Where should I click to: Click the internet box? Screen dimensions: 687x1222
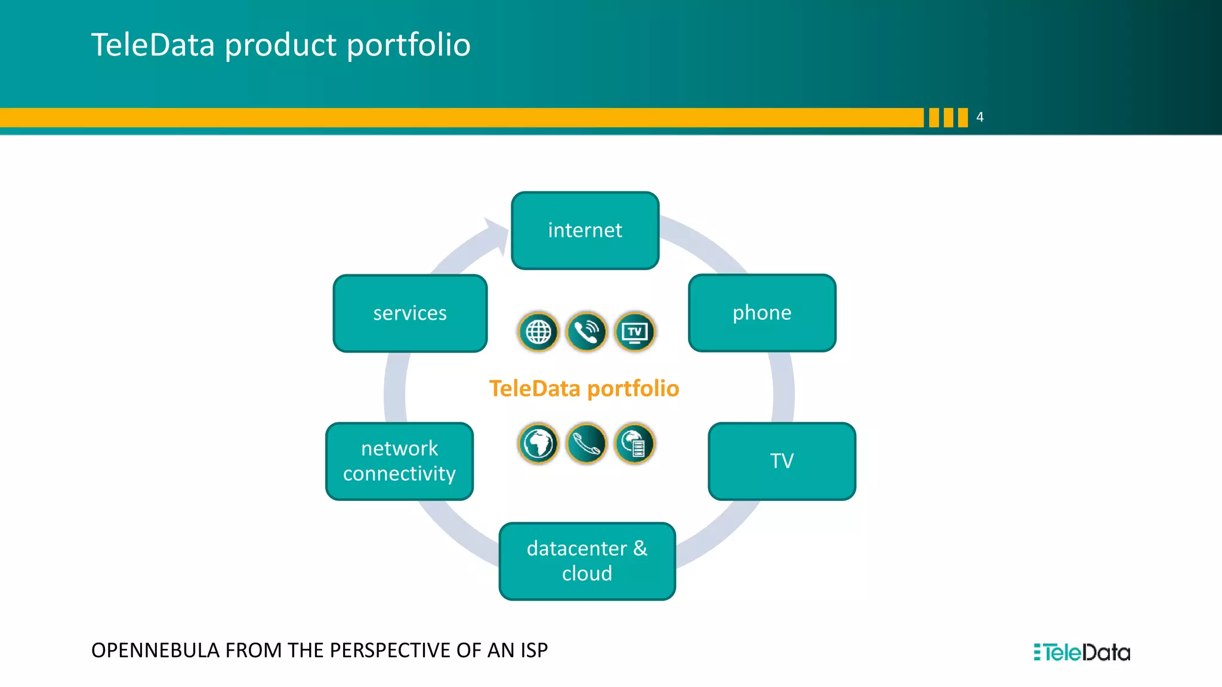(585, 230)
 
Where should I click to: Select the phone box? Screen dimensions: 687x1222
(762, 312)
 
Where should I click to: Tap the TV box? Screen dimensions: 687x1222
(782, 461)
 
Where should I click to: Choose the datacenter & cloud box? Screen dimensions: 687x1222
(587, 561)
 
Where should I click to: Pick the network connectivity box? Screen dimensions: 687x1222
(399, 461)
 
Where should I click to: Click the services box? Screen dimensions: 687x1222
(410, 313)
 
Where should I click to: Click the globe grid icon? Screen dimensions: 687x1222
(538, 332)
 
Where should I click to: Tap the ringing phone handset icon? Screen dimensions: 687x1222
(587, 332)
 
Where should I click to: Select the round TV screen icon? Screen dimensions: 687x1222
(635, 332)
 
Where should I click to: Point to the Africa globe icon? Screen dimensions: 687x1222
(538, 443)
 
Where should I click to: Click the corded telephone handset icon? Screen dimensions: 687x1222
(587, 443)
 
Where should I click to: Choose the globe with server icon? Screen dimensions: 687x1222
(635, 443)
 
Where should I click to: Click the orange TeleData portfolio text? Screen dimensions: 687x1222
(584, 388)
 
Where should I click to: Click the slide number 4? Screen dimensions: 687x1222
(980, 117)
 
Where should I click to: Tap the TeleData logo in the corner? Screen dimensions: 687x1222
(1082, 652)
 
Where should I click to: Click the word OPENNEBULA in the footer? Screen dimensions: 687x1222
(156, 650)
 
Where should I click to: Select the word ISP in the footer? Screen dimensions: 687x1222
(533, 650)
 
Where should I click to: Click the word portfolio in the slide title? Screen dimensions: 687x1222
(408, 45)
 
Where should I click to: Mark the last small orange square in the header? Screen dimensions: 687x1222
(962, 117)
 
